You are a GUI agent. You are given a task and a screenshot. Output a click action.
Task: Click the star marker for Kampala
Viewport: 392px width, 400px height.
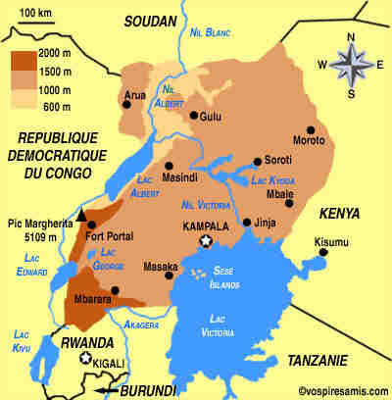click(x=206, y=241)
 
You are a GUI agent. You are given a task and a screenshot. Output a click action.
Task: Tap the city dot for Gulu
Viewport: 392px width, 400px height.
click(x=194, y=116)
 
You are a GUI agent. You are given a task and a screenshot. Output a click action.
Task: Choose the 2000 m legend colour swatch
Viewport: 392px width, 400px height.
click(x=25, y=57)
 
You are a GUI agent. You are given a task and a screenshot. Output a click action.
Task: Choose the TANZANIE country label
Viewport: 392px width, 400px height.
click(x=319, y=360)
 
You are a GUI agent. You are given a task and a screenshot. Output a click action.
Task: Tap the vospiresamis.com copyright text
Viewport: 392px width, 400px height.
click(x=340, y=390)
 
